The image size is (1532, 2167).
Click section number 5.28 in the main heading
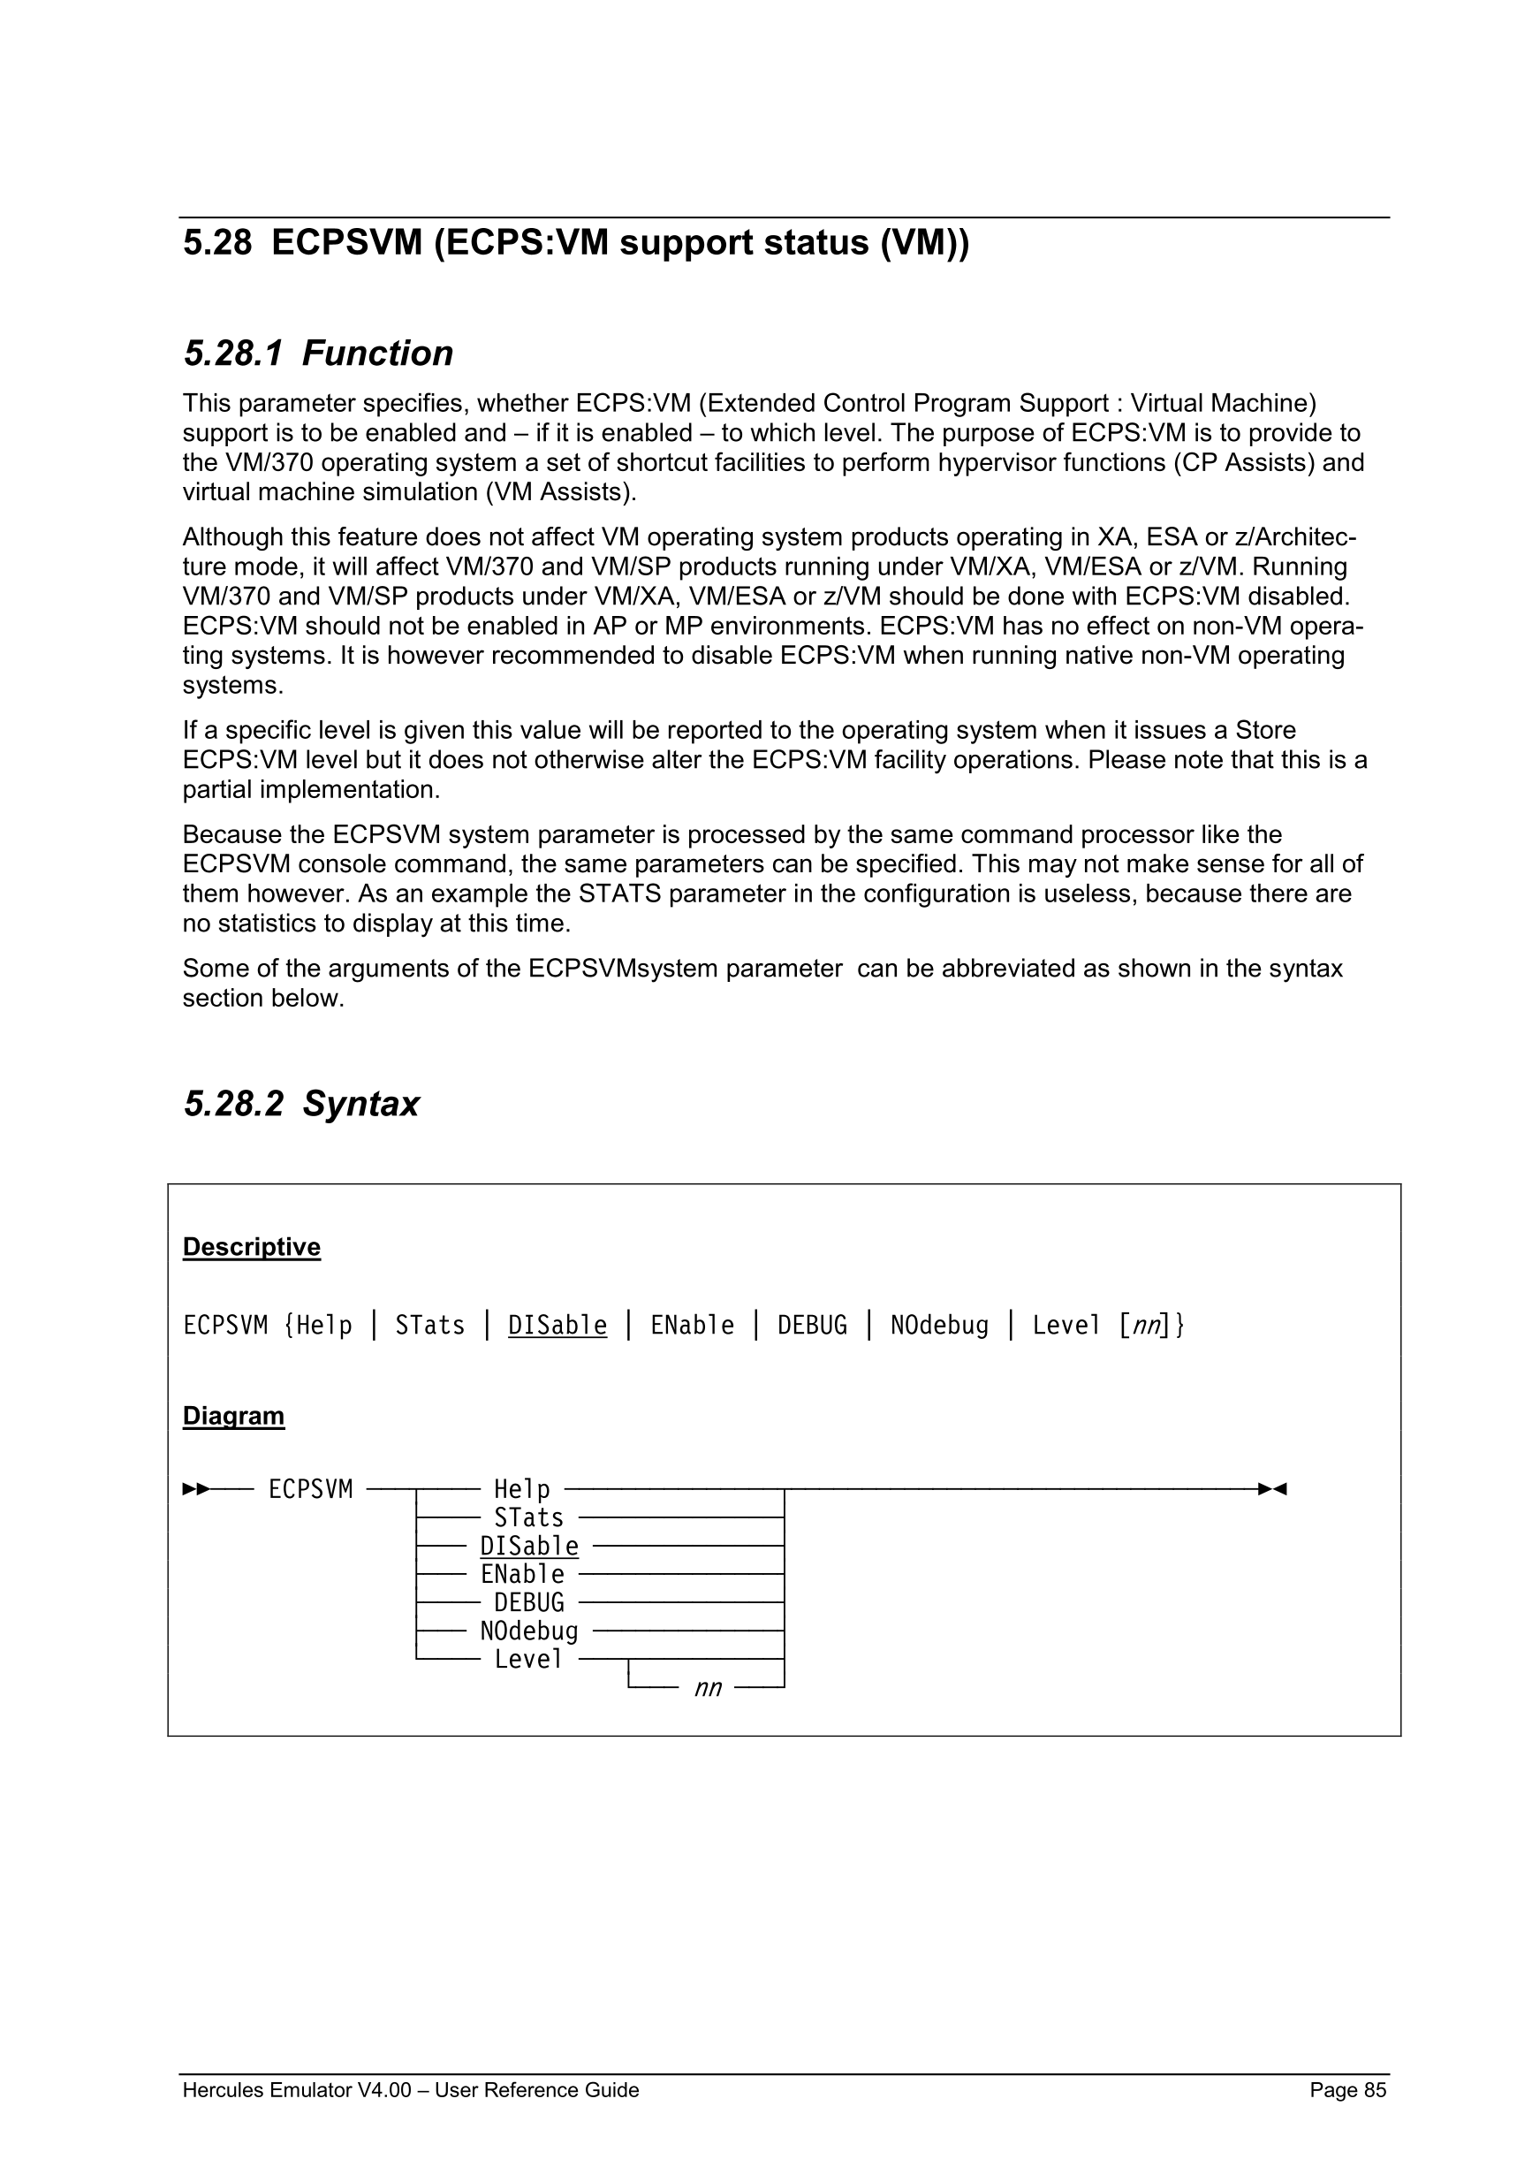coord(217,244)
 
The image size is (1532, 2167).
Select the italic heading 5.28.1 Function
coord(318,354)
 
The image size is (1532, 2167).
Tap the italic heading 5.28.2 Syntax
coord(301,1103)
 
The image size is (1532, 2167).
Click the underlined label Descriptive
coord(252,1247)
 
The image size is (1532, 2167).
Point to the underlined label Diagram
coord(233,1416)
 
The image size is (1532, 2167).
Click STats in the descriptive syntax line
coord(430,1326)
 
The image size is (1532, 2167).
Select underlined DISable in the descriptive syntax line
coord(557,1326)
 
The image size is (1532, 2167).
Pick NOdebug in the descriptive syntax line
coord(939,1326)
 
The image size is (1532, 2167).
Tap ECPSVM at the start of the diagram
coord(310,1489)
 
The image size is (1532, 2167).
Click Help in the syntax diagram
coord(521,1489)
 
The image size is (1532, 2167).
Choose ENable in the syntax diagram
coord(521,1574)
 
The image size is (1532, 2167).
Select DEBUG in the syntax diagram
coord(528,1602)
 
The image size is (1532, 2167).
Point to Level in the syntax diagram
coord(528,1659)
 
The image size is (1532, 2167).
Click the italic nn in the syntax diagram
coord(708,1689)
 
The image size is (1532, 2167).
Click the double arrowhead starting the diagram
coord(195,1489)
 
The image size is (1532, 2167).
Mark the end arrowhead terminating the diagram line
coord(1272,1489)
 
